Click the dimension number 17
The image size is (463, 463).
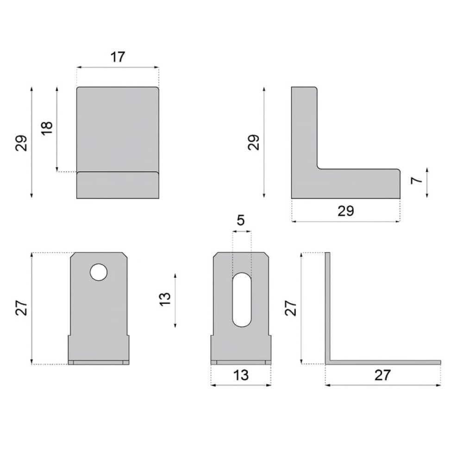pos(118,57)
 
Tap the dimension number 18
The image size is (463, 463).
pos(47,128)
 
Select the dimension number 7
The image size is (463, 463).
pos(417,180)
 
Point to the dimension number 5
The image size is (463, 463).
pos(241,220)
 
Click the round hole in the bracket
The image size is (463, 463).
pos(99,272)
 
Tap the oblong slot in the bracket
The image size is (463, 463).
pos(242,300)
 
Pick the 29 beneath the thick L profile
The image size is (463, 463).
pos(346,211)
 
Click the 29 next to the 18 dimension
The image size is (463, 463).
pos(21,143)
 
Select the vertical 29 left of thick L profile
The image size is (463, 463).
pos(253,142)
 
